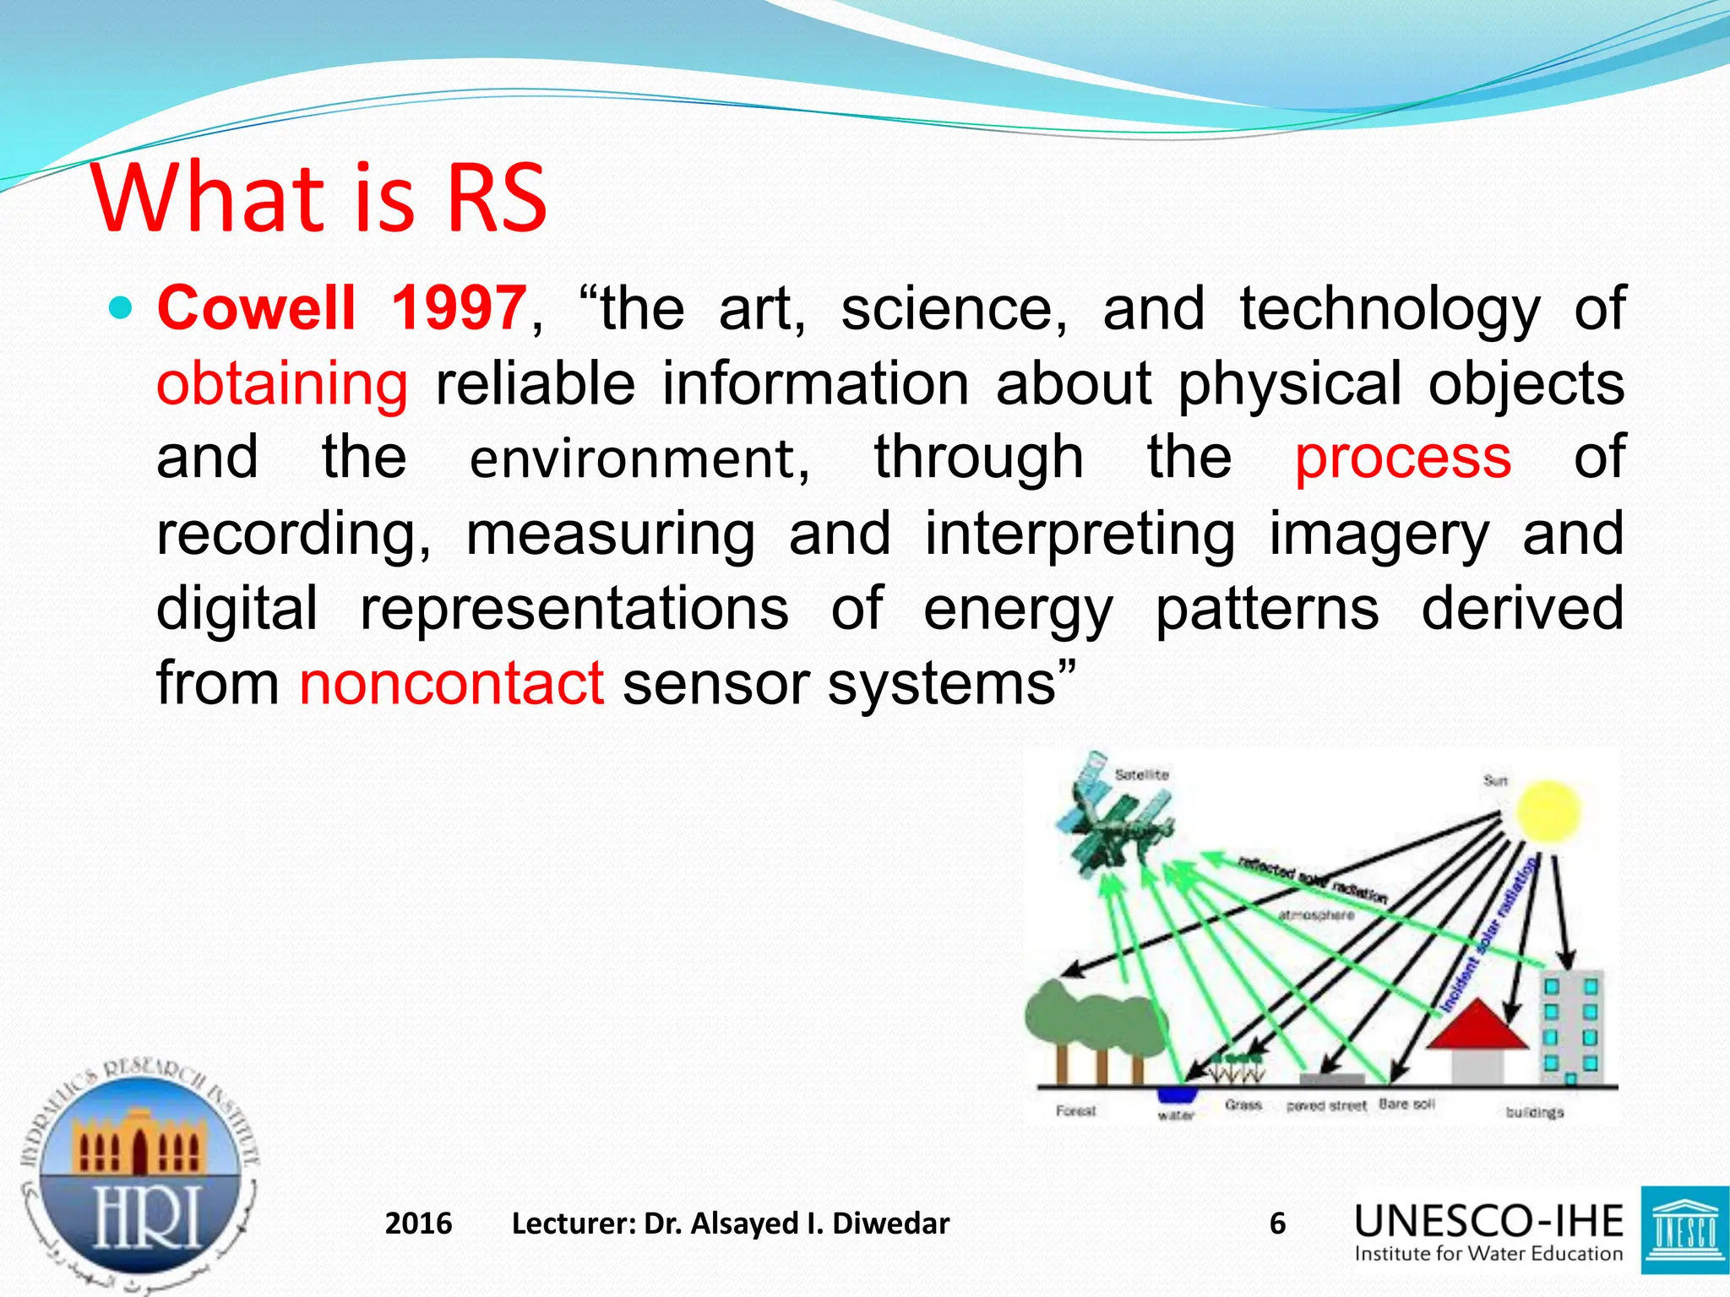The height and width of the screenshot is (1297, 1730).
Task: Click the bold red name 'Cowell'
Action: tap(257, 308)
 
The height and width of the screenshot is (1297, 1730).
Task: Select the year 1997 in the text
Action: tap(459, 308)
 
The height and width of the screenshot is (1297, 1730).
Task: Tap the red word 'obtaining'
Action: tap(282, 384)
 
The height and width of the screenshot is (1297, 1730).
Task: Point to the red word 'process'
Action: tap(1402, 459)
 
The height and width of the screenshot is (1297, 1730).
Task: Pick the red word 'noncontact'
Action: tap(451, 683)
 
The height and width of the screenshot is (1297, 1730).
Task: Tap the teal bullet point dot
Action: tap(122, 308)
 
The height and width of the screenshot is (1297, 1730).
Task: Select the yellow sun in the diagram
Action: tap(1548, 811)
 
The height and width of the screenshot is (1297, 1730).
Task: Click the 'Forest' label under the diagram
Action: tap(1075, 1111)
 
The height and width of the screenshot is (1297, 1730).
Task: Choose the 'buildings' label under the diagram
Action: tap(1534, 1113)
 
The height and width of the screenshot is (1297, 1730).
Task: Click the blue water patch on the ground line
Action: tap(1177, 1094)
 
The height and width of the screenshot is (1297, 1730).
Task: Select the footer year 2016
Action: tap(418, 1224)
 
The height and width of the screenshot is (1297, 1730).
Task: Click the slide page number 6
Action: tap(1277, 1224)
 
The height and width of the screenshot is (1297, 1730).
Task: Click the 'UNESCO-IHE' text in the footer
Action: tap(1488, 1222)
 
